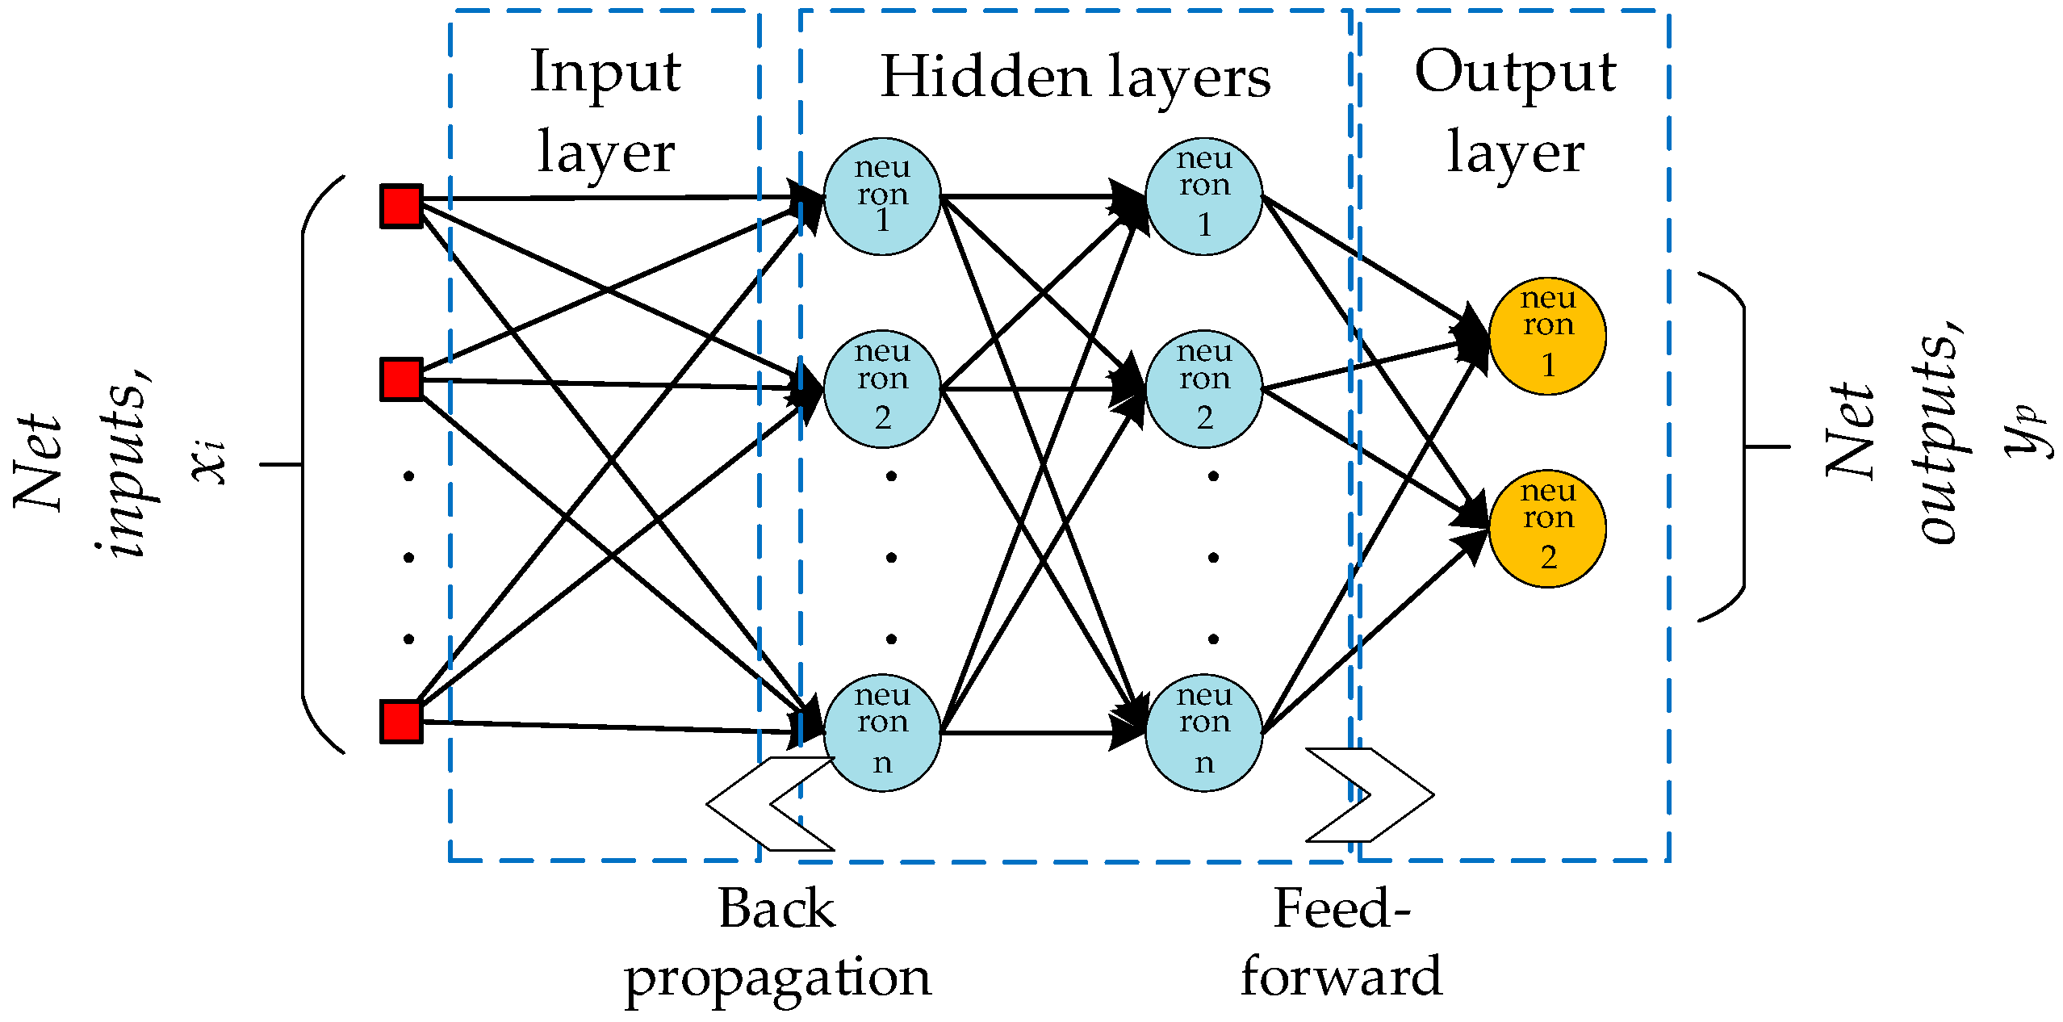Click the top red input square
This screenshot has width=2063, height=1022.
click(401, 206)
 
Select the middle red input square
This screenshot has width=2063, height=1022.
click(401, 379)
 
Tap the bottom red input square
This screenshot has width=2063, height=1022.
click(401, 722)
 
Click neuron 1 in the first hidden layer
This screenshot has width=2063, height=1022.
click(882, 196)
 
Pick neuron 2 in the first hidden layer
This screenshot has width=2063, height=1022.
click(882, 389)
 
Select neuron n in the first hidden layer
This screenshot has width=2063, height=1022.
click(882, 732)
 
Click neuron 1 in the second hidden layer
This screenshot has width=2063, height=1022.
click(1203, 196)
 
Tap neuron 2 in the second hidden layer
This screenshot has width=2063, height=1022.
click(1203, 389)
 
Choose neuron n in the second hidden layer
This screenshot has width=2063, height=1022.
click(1203, 732)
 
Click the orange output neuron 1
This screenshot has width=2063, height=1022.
click(1547, 336)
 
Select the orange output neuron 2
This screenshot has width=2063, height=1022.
click(1547, 529)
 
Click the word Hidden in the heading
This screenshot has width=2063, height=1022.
click(985, 77)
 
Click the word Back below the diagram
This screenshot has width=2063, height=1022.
click(776, 910)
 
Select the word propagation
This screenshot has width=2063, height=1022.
click(777, 978)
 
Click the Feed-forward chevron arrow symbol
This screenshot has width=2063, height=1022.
click(1370, 795)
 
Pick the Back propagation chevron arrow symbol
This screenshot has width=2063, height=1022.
click(769, 804)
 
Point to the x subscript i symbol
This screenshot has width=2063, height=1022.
click(208, 462)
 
